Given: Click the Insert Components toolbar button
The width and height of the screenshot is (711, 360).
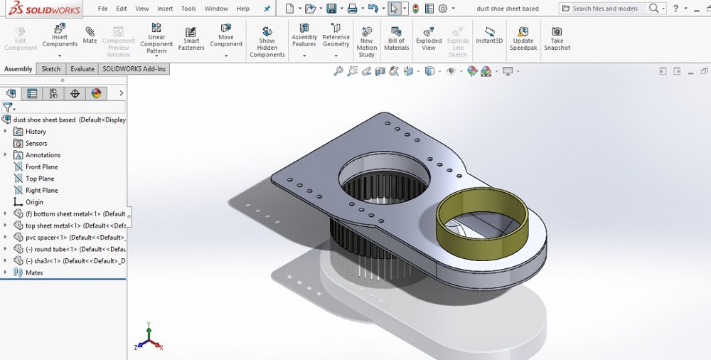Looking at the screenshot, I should tap(60, 38).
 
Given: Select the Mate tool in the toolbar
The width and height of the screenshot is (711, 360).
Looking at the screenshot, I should tap(90, 36).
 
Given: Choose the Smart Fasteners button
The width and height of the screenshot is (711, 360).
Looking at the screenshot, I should tap(191, 38).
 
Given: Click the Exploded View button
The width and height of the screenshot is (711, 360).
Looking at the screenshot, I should tap(429, 38).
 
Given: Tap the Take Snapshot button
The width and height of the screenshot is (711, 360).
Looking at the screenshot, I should tap(557, 38).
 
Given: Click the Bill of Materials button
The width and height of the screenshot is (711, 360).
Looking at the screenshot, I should tap(396, 38).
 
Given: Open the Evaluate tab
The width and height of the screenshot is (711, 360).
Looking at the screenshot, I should tap(82, 69).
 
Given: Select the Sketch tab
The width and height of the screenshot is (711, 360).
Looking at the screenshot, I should tap(51, 69).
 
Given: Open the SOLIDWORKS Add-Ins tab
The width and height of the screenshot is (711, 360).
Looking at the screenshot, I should tap(134, 69).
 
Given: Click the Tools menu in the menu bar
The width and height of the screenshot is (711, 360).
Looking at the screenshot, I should tap(188, 9).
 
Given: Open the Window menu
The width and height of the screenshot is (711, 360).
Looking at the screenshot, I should tap(216, 9).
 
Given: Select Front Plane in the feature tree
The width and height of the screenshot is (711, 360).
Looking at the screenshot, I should tap(41, 166).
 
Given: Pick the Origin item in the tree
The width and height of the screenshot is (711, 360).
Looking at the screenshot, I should tap(34, 202).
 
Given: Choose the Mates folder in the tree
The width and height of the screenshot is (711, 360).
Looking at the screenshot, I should tap(34, 272).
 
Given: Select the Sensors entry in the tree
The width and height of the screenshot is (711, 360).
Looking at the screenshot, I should tap(36, 143).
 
